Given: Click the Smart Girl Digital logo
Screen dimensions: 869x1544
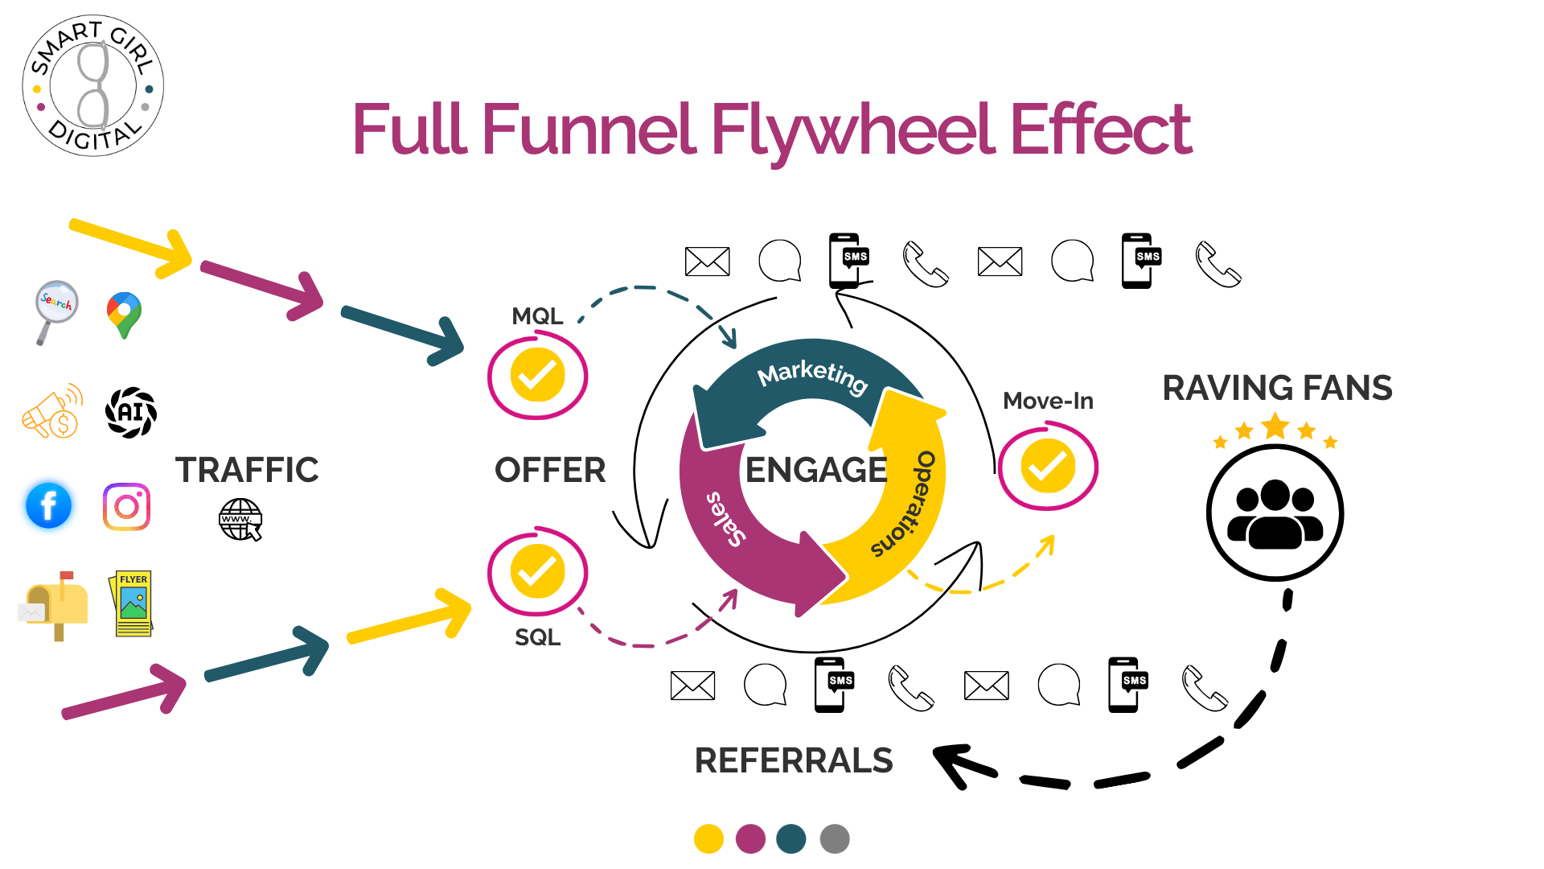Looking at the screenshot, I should pyautogui.click(x=93, y=85).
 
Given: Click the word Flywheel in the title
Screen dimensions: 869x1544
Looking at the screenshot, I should pyautogui.click(x=852, y=130).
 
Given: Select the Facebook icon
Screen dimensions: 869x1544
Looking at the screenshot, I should pyautogui.click(x=49, y=506).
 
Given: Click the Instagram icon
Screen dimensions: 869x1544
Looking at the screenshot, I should pyautogui.click(x=126, y=507).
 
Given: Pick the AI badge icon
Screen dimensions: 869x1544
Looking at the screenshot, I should pyautogui.click(x=131, y=413).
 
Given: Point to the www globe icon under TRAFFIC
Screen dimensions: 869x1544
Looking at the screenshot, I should pyautogui.click(x=240, y=520).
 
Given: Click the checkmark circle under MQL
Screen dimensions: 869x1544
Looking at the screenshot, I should pyautogui.click(x=537, y=376).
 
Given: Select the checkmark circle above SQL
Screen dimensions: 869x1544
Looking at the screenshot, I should pyautogui.click(x=537, y=572).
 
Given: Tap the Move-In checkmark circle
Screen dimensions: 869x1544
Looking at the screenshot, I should pyautogui.click(x=1048, y=466).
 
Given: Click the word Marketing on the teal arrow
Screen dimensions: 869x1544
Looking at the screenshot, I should pyautogui.click(x=812, y=376).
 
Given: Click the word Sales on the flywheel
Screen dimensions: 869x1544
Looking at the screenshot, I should pyautogui.click(x=726, y=519).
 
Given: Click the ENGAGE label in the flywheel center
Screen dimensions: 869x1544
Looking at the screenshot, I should pyautogui.click(x=815, y=470).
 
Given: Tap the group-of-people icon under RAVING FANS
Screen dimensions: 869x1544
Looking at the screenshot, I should pyautogui.click(x=1275, y=513).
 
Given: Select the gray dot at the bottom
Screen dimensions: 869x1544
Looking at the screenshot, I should pyautogui.click(x=835, y=838).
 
